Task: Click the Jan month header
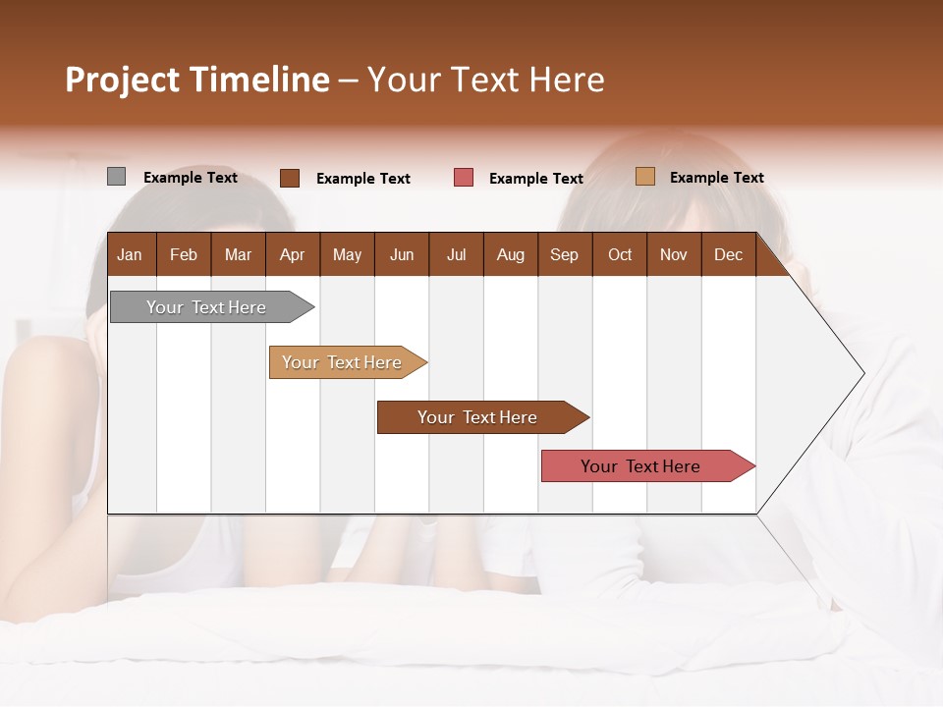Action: [130, 254]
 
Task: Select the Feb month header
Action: [184, 254]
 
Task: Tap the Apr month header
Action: [292, 254]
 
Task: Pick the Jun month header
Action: [402, 254]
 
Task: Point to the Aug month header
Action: [510, 254]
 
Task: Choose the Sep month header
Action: [564, 254]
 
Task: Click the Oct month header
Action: [620, 254]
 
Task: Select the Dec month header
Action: [728, 254]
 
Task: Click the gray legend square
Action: [116, 177]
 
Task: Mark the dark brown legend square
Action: [289, 178]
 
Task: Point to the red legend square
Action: [464, 178]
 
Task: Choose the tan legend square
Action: [644, 177]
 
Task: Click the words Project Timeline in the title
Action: [197, 80]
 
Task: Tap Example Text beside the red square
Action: [536, 179]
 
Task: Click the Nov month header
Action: [674, 254]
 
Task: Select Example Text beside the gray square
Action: [191, 178]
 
